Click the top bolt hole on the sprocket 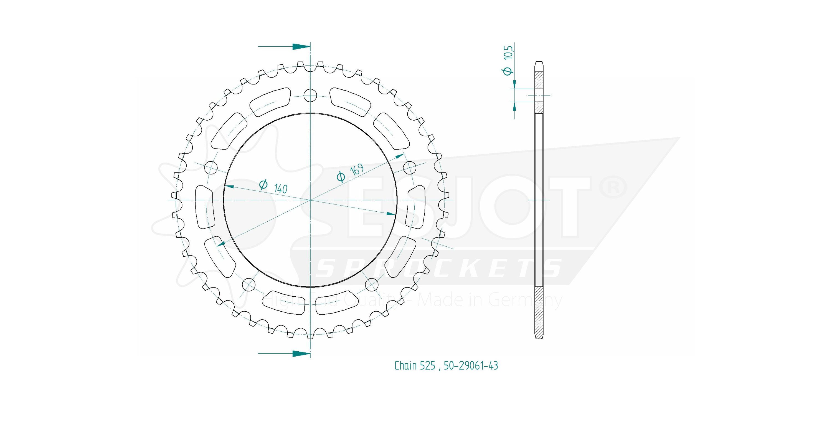tap(310, 95)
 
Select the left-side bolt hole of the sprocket tap(212, 167)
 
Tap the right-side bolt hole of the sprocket tap(410, 167)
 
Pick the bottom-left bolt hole tap(249, 285)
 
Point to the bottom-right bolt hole tap(371, 285)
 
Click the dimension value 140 tap(280, 188)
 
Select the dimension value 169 tap(357, 169)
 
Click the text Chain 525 tap(415, 366)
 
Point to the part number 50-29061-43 tap(471, 366)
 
